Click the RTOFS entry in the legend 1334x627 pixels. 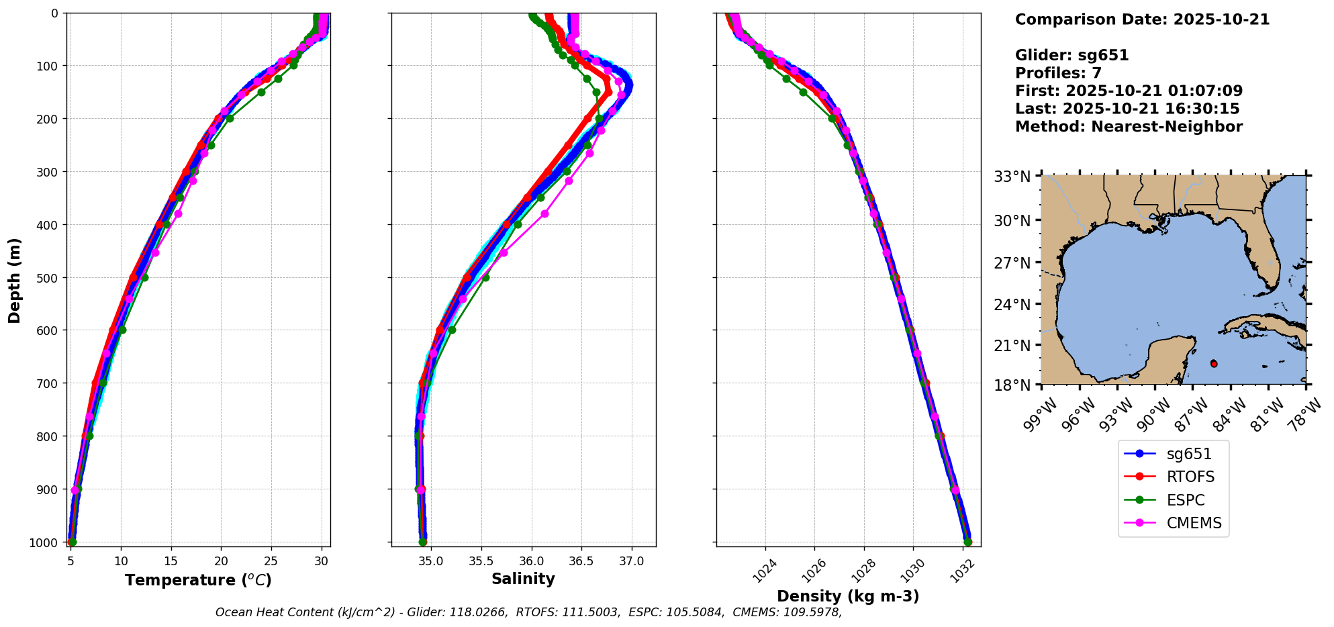pyautogui.click(x=1190, y=477)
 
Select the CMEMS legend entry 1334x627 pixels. pyautogui.click(x=1194, y=524)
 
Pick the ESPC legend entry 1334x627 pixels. pyautogui.click(x=1186, y=501)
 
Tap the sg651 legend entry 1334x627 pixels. pyautogui.click(x=1189, y=454)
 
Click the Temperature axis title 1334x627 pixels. pyautogui.click(x=198, y=580)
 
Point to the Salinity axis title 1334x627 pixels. pyautogui.click(x=523, y=579)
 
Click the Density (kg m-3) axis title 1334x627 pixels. pyautogui.click(x=848, y=596)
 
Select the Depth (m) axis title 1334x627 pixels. pyautogui.click(x=15, y=280)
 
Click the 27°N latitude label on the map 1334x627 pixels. pyautogui.click(x=1012, y=263)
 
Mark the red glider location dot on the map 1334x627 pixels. pyautogui.click(x=1214, y=364)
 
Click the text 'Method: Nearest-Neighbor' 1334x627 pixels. pyautogui.click(x=1129, y=127)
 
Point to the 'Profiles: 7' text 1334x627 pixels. pyautogui.click(x=1058, y=73)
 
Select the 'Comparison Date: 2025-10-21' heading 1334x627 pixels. pyautogui.click(x=1142, y=19)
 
